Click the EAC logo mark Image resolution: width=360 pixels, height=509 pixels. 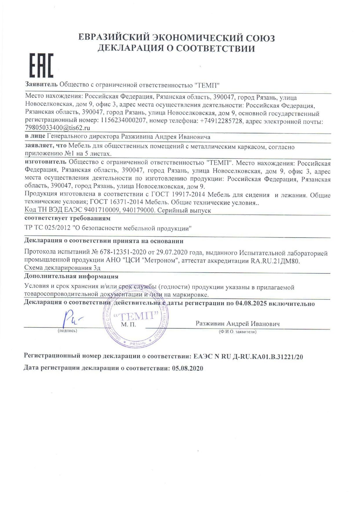(x=41, y=66)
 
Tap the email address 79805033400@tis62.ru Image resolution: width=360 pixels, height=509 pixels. (x=57, y=128)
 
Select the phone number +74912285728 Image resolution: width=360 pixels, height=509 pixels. (x=221, y=121)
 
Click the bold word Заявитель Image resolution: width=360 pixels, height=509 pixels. (x=41, y=85)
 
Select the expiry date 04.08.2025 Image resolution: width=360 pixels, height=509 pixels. (x=251, y=304)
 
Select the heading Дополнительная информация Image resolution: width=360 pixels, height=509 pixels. (x=71, y=276)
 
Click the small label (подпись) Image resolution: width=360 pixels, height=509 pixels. (x=68, y=331)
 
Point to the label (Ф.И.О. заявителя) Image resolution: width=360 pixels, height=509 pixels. (x=237, y=332)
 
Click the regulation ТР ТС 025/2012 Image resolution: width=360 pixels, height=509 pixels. (x=48, y=228)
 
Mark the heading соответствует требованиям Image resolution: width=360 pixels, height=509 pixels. (x=67, y=218)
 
